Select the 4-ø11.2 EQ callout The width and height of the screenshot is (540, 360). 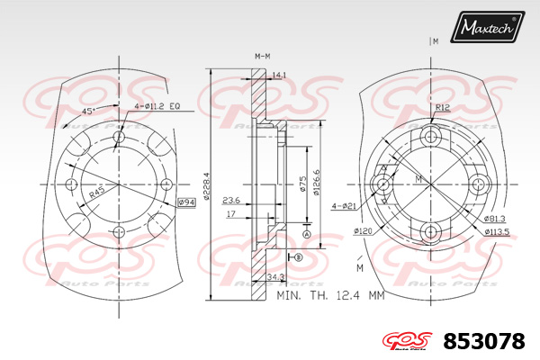tap(158, 106)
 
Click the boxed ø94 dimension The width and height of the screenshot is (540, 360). tap(186, 202)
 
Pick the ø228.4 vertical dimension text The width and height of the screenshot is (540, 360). tap(207, 186)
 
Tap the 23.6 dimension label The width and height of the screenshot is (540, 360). tap(231, 201)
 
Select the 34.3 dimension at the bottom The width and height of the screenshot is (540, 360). tap(277, 277)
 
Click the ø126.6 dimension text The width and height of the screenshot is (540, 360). tap(317, 180)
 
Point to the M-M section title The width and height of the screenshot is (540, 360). tap(263, 56)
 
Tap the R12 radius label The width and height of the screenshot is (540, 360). tap(442, 107)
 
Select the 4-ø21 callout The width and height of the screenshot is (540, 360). tap(344, 205)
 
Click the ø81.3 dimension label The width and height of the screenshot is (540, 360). tap(493, 219)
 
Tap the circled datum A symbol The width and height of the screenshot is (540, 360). tap(306, 234)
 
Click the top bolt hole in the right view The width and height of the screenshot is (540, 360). tap(432, 137)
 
